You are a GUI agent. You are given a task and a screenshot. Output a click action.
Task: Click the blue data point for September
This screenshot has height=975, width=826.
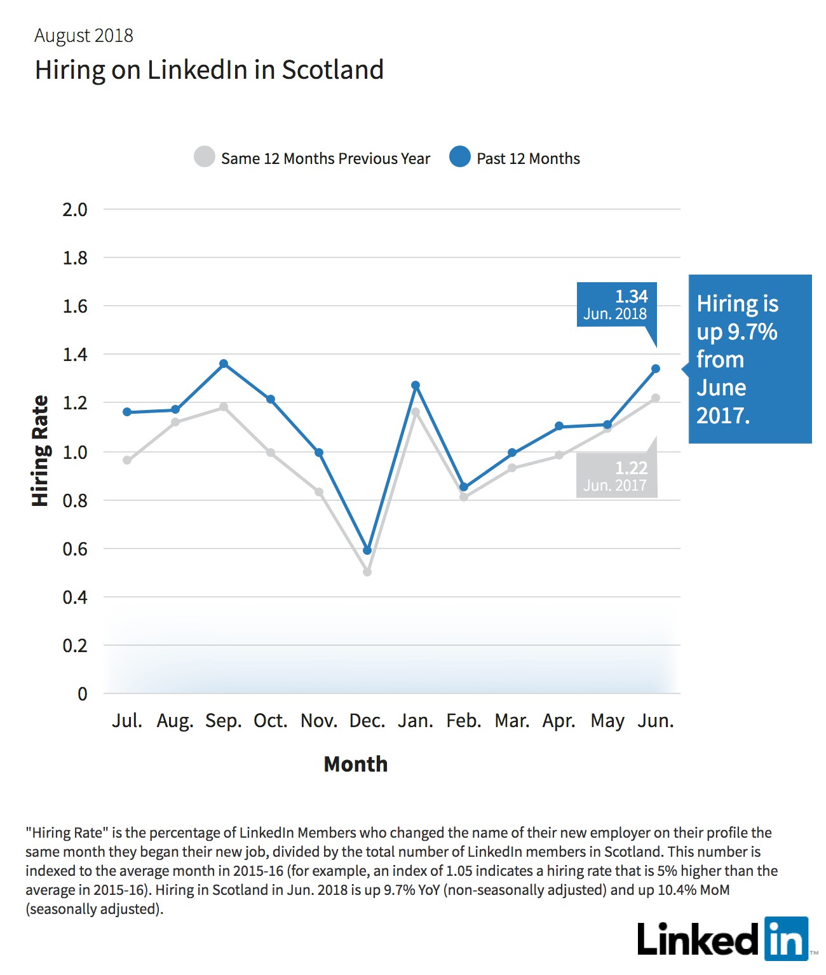click(x=224, y=363)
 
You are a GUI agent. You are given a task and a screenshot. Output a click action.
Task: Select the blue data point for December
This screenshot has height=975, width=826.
click(x=367, y=550)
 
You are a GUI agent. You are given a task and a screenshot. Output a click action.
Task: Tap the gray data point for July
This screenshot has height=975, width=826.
click(x=127, y=460)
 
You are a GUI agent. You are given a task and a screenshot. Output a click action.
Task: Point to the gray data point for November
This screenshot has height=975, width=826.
click(x=319, y=492)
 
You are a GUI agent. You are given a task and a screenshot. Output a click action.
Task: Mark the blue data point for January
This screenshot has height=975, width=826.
click(x=416, y=385)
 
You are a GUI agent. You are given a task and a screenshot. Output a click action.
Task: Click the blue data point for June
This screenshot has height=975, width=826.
click(x=655, y=369)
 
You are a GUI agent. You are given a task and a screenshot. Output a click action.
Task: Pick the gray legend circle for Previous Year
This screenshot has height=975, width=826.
click(x=205, y=156)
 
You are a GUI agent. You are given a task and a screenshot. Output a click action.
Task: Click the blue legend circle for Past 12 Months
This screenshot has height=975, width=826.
click(x=459, y=156)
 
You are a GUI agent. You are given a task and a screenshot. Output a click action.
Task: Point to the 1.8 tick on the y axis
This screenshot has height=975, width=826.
click(x=75, y=258)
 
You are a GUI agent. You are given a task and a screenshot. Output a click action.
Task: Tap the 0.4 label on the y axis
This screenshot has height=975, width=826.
click(x=75, y=597)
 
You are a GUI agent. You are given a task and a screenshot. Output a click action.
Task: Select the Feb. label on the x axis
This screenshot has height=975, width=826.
click(x=464, y=720)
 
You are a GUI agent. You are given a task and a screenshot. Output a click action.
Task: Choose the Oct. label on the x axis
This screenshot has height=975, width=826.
click(x=271, y=720)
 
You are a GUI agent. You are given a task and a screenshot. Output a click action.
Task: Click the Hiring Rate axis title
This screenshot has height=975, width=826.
click(x=40, y=451)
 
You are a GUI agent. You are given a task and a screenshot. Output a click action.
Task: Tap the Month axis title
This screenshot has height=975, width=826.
click(x=355, y=764)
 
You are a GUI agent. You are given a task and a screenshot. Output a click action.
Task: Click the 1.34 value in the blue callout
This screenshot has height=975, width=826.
click(x=632, y=296)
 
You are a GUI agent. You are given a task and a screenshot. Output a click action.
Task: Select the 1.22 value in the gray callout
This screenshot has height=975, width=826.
click(x=632, y=467)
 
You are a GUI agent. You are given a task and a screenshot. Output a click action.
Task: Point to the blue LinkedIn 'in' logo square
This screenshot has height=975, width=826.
click(x=787, y=939)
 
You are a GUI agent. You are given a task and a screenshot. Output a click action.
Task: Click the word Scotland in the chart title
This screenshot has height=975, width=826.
click(x=333, y=69)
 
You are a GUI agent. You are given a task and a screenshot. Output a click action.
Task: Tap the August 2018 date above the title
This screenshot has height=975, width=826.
click(x=84, y=36)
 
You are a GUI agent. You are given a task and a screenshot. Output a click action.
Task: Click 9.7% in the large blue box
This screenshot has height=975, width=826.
click(x=752, y=332)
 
